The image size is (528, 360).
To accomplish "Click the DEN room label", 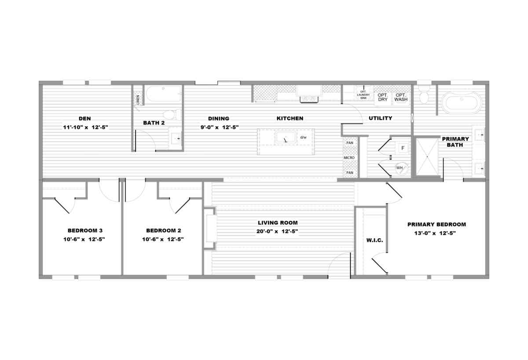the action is [84, 118].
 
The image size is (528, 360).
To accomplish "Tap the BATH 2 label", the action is [154, 123].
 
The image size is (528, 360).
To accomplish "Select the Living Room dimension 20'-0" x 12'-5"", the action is [278, 231].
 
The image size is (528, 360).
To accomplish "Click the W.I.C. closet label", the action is [374, 240].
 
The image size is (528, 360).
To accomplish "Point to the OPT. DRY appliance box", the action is [383, 98].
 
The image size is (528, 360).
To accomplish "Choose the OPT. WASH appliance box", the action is [401, 98].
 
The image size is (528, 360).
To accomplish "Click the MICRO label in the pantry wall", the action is [349, 158].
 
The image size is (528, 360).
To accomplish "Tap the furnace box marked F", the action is [403, 148].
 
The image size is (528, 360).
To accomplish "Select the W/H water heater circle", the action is [400, 168].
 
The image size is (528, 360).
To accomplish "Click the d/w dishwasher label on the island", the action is [303, 137].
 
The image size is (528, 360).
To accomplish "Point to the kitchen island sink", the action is [286, 138].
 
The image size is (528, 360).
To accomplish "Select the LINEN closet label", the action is [138, 100].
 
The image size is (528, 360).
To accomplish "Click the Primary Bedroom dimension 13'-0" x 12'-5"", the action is [435, 233].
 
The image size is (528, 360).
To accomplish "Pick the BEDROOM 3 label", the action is [85, 231].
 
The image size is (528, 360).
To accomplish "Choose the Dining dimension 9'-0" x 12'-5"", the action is [220, 127].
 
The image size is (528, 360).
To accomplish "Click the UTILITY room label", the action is [381, 118].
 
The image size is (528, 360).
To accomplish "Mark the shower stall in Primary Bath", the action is [427, 157].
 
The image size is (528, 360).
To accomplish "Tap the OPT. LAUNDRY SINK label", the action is [363, 95].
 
